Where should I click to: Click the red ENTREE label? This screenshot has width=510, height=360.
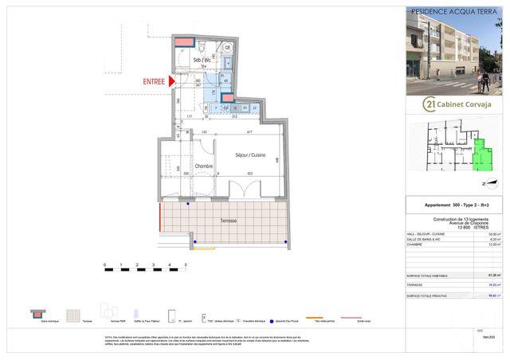point(154,82)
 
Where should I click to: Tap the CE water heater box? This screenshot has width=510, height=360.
point(226,48)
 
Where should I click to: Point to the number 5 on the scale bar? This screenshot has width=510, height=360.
point(186,264)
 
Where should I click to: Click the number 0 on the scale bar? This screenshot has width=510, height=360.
point(104,264)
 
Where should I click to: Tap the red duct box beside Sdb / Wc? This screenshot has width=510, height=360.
point(184,41)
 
